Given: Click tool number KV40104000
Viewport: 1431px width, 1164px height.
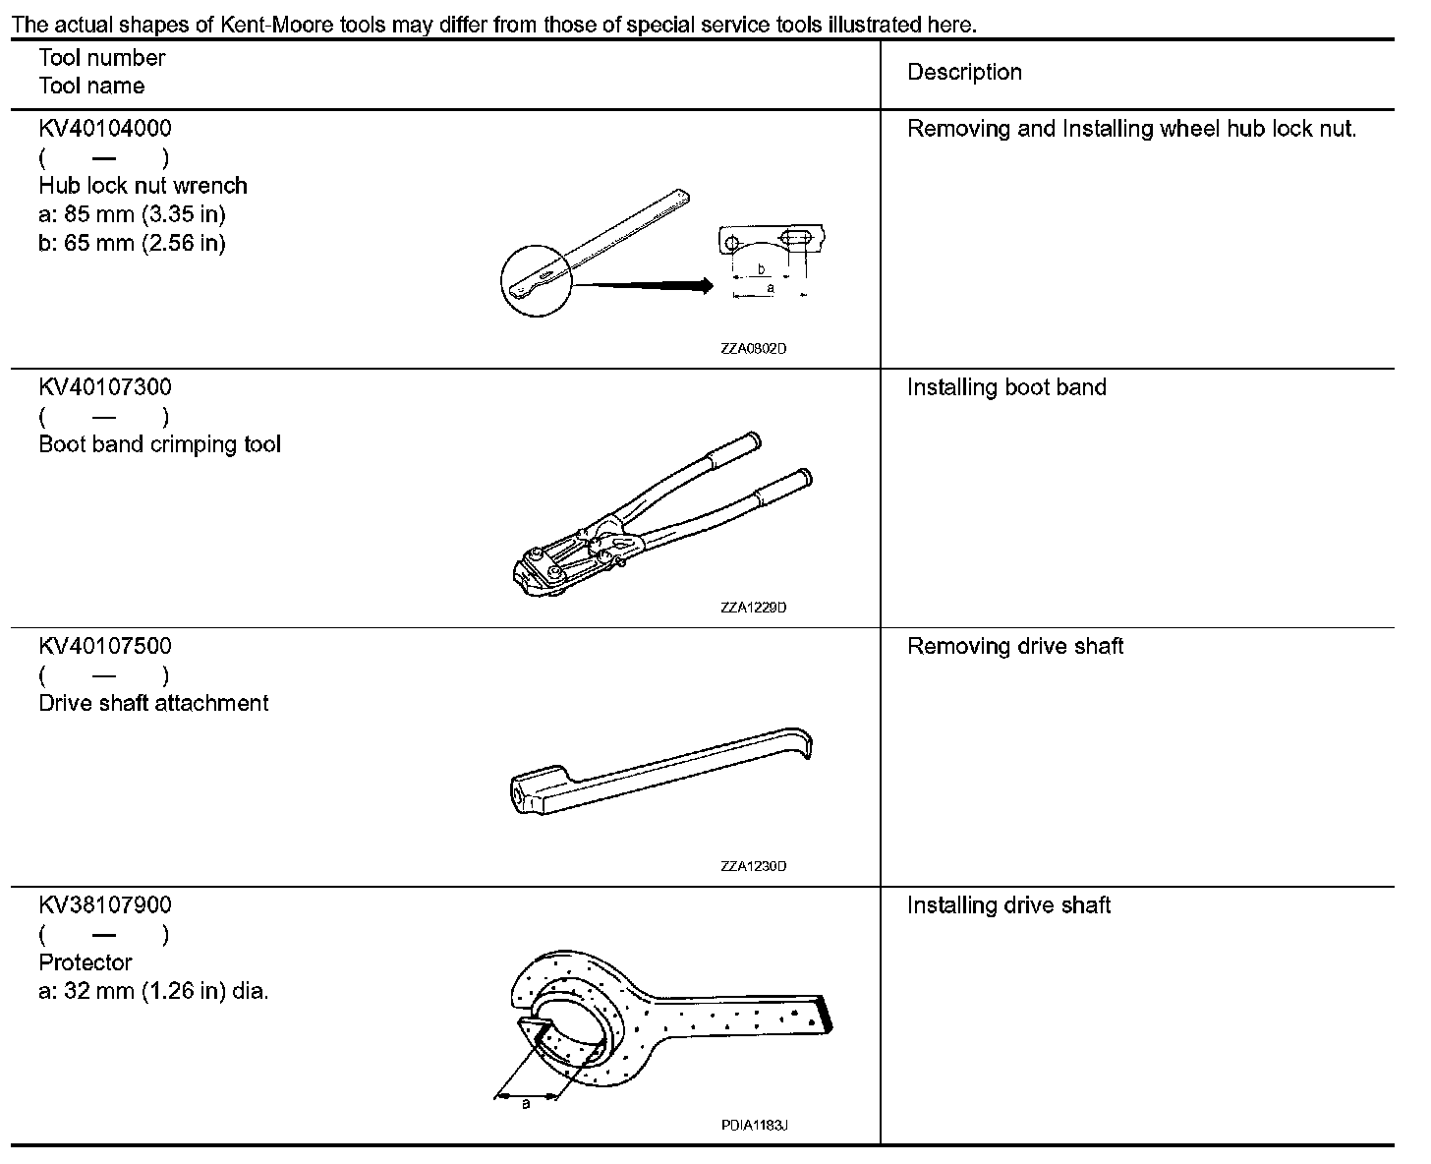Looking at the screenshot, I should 105,129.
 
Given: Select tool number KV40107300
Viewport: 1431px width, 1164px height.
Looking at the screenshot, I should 105,387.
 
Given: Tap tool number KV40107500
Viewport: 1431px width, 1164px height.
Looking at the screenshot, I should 105,646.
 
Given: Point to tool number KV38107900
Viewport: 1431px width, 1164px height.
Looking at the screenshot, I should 105,904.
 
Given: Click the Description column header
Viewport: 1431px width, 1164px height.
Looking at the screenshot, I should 964,73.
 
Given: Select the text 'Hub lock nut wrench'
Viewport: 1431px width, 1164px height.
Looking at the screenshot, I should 143,186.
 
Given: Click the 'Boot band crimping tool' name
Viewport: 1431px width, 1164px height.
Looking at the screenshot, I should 159,444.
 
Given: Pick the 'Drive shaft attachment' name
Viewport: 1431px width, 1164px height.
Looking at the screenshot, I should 153,703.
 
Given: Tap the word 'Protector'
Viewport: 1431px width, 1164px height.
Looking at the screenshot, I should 86,962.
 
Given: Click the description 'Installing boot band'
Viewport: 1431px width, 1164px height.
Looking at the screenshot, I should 1006,387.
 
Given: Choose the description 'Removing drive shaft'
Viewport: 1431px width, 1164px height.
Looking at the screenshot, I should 1015,646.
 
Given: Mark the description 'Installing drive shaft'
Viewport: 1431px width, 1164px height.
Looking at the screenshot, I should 1008,904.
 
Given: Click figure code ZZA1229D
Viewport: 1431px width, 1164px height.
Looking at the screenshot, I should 754,608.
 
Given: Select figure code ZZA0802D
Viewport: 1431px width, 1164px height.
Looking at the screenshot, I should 754,349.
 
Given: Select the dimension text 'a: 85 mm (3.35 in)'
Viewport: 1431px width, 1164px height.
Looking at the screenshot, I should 133,214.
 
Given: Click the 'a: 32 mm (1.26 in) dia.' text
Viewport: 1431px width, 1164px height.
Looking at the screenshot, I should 153,991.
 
